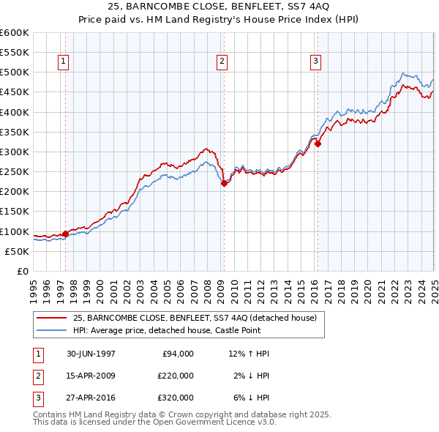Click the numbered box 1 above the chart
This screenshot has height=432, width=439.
click(x=64, y=62)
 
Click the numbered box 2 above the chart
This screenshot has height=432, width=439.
click(x=222, y=62)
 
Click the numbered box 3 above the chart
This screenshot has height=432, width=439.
click(x=315, y=62)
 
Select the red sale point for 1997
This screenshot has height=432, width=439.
click(x=65, y=234)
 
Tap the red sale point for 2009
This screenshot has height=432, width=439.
click(x=224, y=184)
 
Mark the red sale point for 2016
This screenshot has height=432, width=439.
click(x=318, y=144)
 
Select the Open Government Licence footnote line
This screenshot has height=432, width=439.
click(x=154, y=422)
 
